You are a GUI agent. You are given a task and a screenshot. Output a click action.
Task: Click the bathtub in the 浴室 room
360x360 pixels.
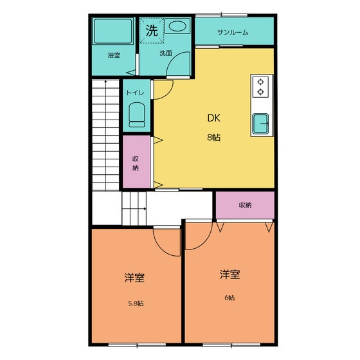coord(113,32)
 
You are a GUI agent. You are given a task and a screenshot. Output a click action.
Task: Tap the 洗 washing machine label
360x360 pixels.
coord(152,30)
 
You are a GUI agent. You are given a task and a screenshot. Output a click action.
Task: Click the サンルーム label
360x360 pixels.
coord(233,32)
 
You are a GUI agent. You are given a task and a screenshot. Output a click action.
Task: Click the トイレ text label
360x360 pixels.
coord(135,93)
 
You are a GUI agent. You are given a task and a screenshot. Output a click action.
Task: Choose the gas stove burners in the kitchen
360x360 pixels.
coord(262,86)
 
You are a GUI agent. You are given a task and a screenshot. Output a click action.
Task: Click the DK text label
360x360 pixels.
coord(213,118)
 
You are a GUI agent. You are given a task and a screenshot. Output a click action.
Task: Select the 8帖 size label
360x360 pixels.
coord(213,137)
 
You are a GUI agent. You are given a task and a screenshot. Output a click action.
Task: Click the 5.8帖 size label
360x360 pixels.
coord(135,303)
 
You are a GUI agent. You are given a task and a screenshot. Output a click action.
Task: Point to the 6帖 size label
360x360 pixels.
coord(230,297)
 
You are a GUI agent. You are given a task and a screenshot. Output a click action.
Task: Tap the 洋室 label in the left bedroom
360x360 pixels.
coord(134,278)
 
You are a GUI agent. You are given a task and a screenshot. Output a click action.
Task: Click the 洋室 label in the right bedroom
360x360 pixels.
coord(230,274)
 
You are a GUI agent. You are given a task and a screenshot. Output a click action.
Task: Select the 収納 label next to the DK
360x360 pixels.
coord(136,163)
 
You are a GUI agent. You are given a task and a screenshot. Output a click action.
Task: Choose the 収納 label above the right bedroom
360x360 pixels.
coord(245,205)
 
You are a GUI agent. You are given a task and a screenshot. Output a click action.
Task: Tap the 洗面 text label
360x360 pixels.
coord(165,53)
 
